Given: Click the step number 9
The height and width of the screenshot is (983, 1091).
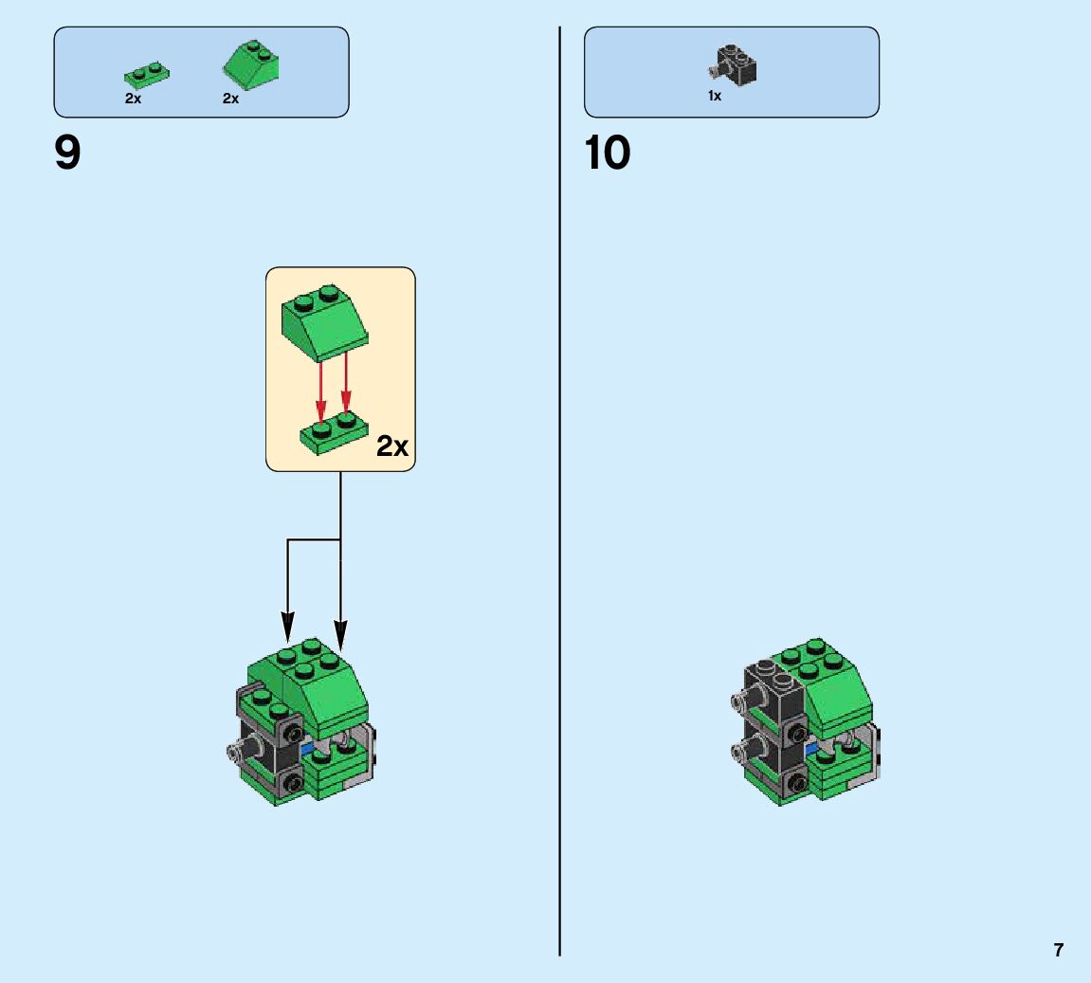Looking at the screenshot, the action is click(x=68, y=154).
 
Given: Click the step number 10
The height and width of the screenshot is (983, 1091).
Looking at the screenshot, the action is click(x=608, y=154).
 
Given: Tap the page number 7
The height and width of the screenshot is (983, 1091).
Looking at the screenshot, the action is click(x=1059, y=950).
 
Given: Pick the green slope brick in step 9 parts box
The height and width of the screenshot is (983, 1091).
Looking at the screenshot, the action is click(x=252, y=64).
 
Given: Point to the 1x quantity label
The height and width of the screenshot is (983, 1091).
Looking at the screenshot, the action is click(x=715, y=96).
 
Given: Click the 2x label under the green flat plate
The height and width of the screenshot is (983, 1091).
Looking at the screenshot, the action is click(x=133, y=99).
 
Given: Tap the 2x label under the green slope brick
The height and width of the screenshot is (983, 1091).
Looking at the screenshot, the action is click(x=231, y=99).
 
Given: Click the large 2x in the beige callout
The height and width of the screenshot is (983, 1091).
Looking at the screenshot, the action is click(x=392, y=446).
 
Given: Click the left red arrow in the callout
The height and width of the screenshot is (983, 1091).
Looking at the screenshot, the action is click(x=320, y=389).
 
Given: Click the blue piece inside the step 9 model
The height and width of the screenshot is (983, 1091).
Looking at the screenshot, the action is click(x=307, y=749).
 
